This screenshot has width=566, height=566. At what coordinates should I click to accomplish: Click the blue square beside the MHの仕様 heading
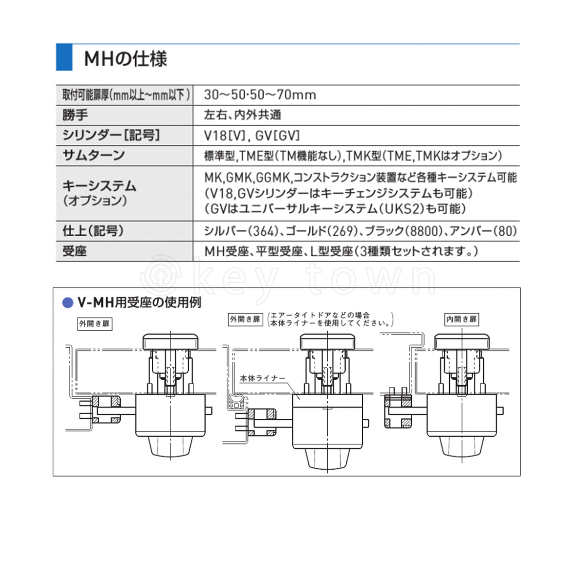coord(64,57)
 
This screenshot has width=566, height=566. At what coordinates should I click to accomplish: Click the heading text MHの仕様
coord(126,59)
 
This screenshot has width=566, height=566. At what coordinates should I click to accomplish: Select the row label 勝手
coord(75,115)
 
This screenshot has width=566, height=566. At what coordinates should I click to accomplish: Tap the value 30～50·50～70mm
coord(260,95)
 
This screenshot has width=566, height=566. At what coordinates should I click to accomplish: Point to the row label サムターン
coord(94,155)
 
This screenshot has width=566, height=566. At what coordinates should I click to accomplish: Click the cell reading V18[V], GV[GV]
coord(252,135)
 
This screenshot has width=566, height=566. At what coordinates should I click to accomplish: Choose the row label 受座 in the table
coord(75,251)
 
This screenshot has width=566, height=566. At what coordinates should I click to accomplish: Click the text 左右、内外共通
coord(242,115)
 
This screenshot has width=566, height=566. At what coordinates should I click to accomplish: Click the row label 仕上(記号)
coord(93,231)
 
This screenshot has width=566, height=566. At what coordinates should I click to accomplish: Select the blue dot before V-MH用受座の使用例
coord(67,303)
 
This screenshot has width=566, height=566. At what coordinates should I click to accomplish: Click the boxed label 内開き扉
coord(461,319)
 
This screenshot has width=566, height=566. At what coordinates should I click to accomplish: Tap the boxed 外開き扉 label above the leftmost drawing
coord(95,324)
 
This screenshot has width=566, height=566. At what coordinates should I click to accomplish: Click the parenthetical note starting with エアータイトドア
coord(331,319)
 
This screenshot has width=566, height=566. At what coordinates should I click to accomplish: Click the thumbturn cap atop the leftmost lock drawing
coord(170,342)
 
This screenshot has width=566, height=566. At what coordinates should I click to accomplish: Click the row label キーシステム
coord(100,186)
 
